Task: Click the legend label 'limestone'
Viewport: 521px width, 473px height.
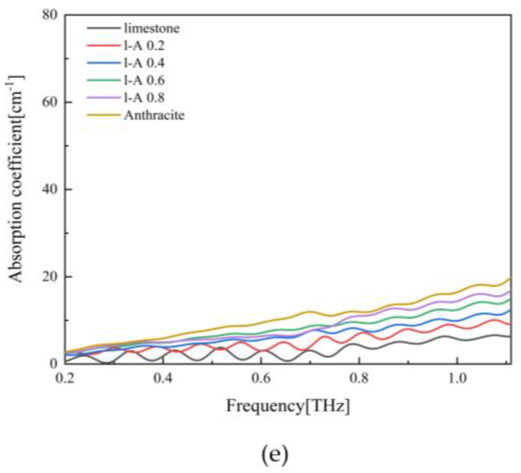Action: click(x=152, y=28)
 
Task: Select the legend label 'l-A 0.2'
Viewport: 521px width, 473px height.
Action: click(x=144, y=45)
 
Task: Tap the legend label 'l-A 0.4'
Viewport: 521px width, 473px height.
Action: click(x=144, y=63)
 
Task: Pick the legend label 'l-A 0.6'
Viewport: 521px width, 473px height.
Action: click(x=144, y=80)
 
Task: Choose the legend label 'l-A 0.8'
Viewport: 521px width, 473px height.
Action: click(x=144, y=98)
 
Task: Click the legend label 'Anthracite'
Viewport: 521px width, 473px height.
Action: click(x=154, y=115)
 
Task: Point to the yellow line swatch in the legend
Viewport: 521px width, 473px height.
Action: click(x=104, y=115)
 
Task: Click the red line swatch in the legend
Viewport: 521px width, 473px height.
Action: click(x=104, y=45)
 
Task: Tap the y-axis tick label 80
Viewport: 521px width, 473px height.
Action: click(x=50, y=15)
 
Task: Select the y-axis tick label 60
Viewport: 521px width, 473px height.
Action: click(x=50, y=102)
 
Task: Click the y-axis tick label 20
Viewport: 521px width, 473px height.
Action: click(x=50, y=277)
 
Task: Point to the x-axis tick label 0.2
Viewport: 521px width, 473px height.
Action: click(x=65, y=379)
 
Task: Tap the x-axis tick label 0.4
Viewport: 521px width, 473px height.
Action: click(x=163, y=379)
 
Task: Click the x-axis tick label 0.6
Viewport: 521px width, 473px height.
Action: click(x=261, y=379)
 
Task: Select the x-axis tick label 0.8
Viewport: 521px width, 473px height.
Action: click(x=359, y=379)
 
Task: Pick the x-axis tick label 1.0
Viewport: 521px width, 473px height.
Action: click(x=457, y=379)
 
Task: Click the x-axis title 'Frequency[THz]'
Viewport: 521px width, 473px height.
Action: click(x=288, y=406)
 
